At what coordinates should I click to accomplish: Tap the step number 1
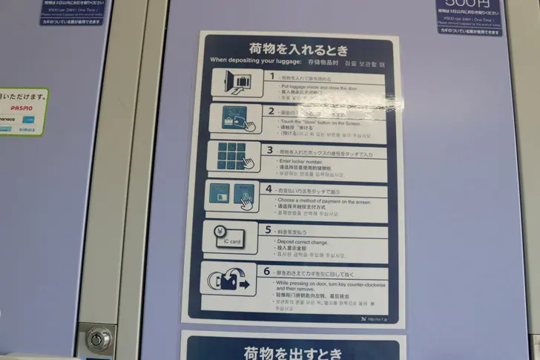point(271,76)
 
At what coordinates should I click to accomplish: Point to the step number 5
point(268,231)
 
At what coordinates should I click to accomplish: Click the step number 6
point(268,272)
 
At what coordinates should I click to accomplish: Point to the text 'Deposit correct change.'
point(303,242)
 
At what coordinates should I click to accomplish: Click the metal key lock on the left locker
point(98,340)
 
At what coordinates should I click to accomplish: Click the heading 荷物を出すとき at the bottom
point(293,351)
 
